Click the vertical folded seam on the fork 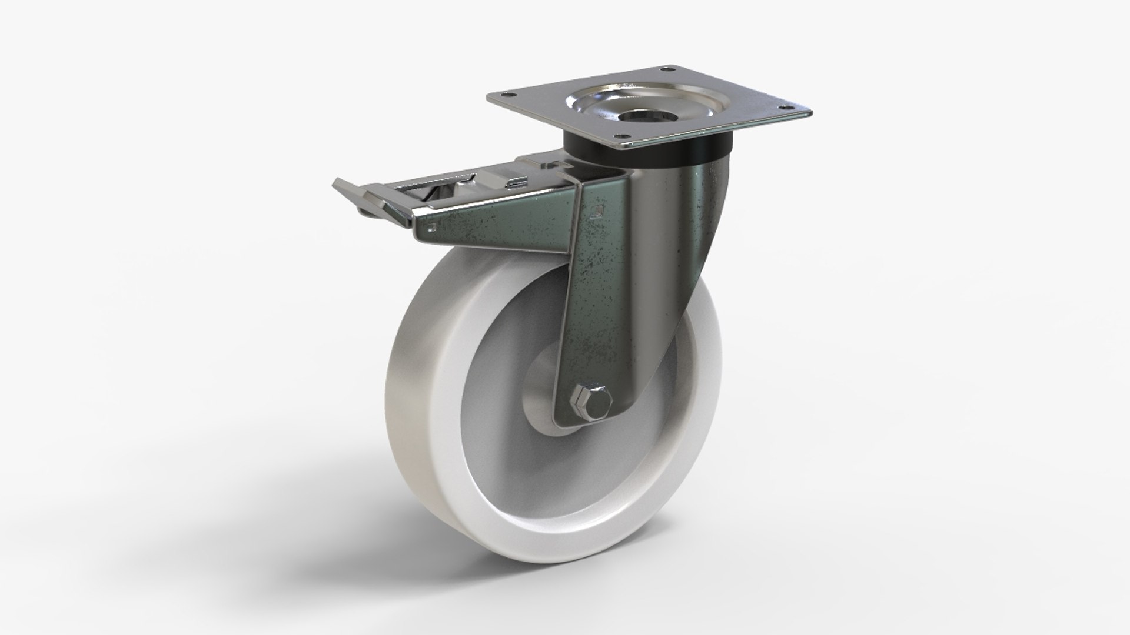[x=580, y=265]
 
